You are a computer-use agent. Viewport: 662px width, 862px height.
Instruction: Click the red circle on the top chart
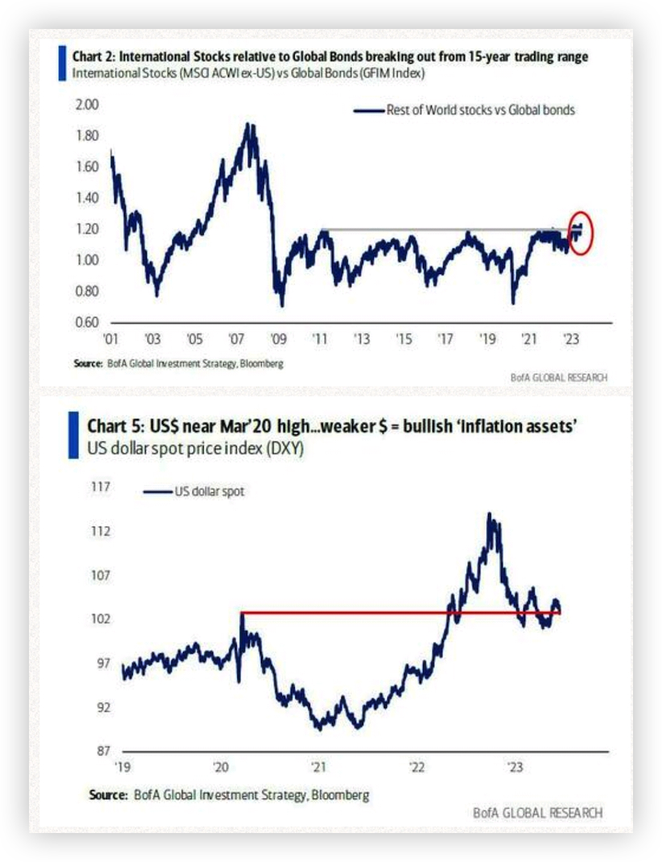(x=580, y=233)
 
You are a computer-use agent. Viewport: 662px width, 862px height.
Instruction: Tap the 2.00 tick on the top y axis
(x=85, y=105)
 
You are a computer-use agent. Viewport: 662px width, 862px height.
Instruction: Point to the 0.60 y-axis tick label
(x=85, y=322)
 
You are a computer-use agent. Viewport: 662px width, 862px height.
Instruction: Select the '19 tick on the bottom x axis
(x=123, y=767)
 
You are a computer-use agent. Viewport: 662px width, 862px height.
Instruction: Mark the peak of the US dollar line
(x=489, y=514)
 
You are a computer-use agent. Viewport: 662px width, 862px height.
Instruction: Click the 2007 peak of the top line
(x=250, y=125)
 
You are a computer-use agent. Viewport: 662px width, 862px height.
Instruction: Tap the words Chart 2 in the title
(x=93, y=57)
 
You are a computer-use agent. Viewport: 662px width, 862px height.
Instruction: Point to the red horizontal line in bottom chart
(x=403, y=613)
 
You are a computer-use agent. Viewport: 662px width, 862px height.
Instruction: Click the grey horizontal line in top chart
(x=443, y=230)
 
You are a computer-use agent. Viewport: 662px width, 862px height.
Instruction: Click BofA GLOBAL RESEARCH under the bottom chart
(x=537, y=812)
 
